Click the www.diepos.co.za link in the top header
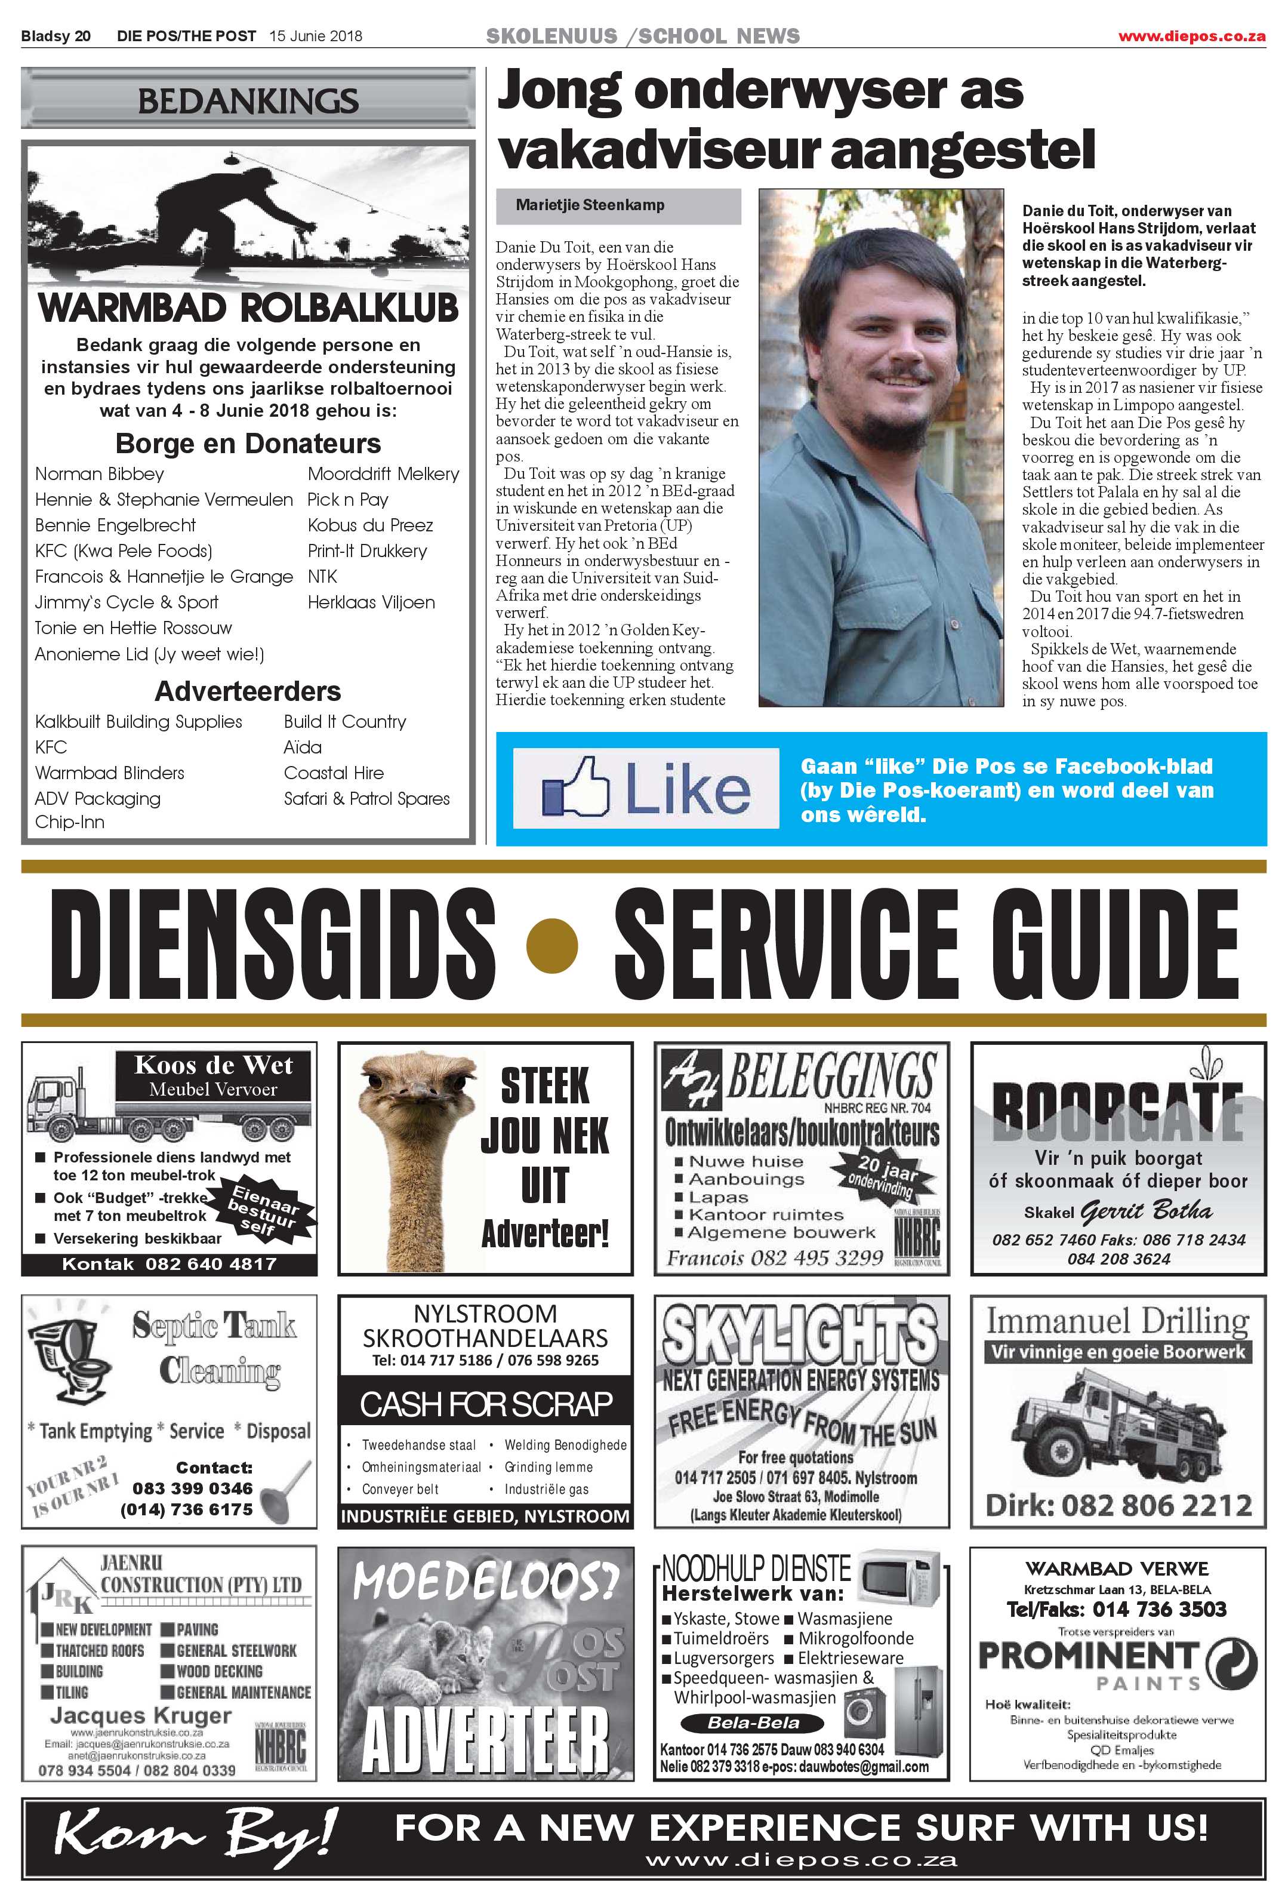pyautogui.click(x=1191, y=36)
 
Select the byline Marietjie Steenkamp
pyautogui.click(x=590, y=205)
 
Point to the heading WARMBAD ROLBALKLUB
pyautogui.click(x=248, y=309)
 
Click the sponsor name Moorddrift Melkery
pyautogui.click(x=383, y=473)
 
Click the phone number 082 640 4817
pyautogui.click(x=211, y=1264)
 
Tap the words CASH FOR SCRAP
pyautogui.click(x=486, y=1404)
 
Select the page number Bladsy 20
pyautogui.click(x=56, y=36)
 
